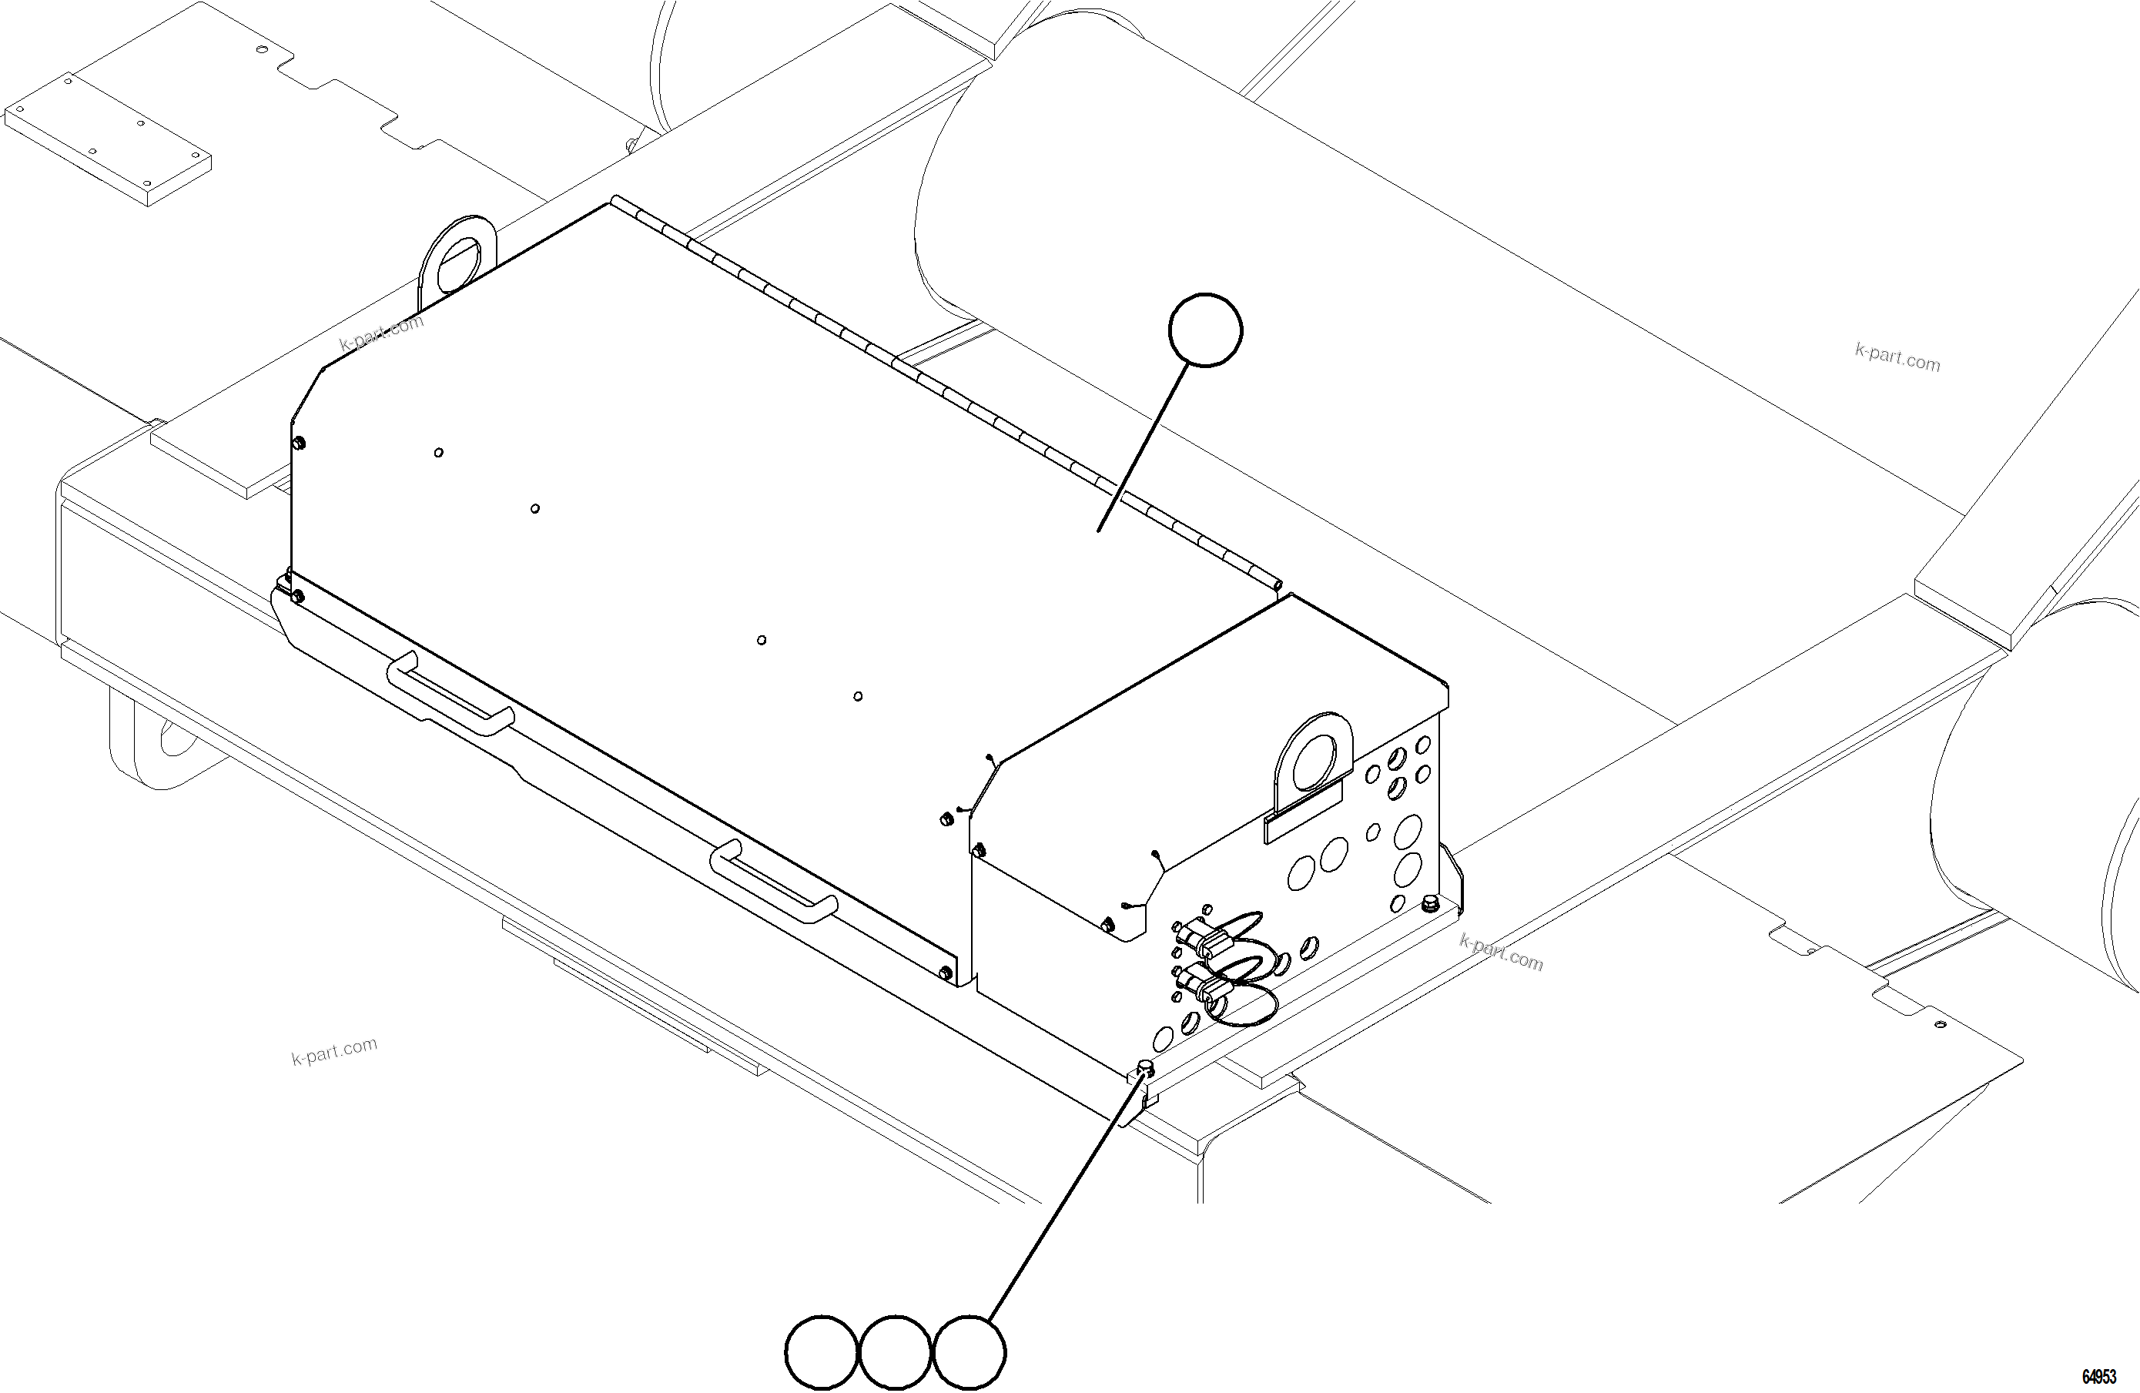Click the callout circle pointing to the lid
[x=1205, y=330]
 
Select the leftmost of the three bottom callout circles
[x=821, y=1351]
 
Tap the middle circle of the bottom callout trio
[x=896, y=1351]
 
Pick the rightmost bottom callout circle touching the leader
[x=970, y=1351]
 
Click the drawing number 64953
[x=2098, y=1377]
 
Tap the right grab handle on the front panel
[x=773, y=881]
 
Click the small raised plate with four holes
[x=108, y=135]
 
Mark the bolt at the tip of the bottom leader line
[x=1146, y=1067]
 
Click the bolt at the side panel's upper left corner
[x=300, y=443]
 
